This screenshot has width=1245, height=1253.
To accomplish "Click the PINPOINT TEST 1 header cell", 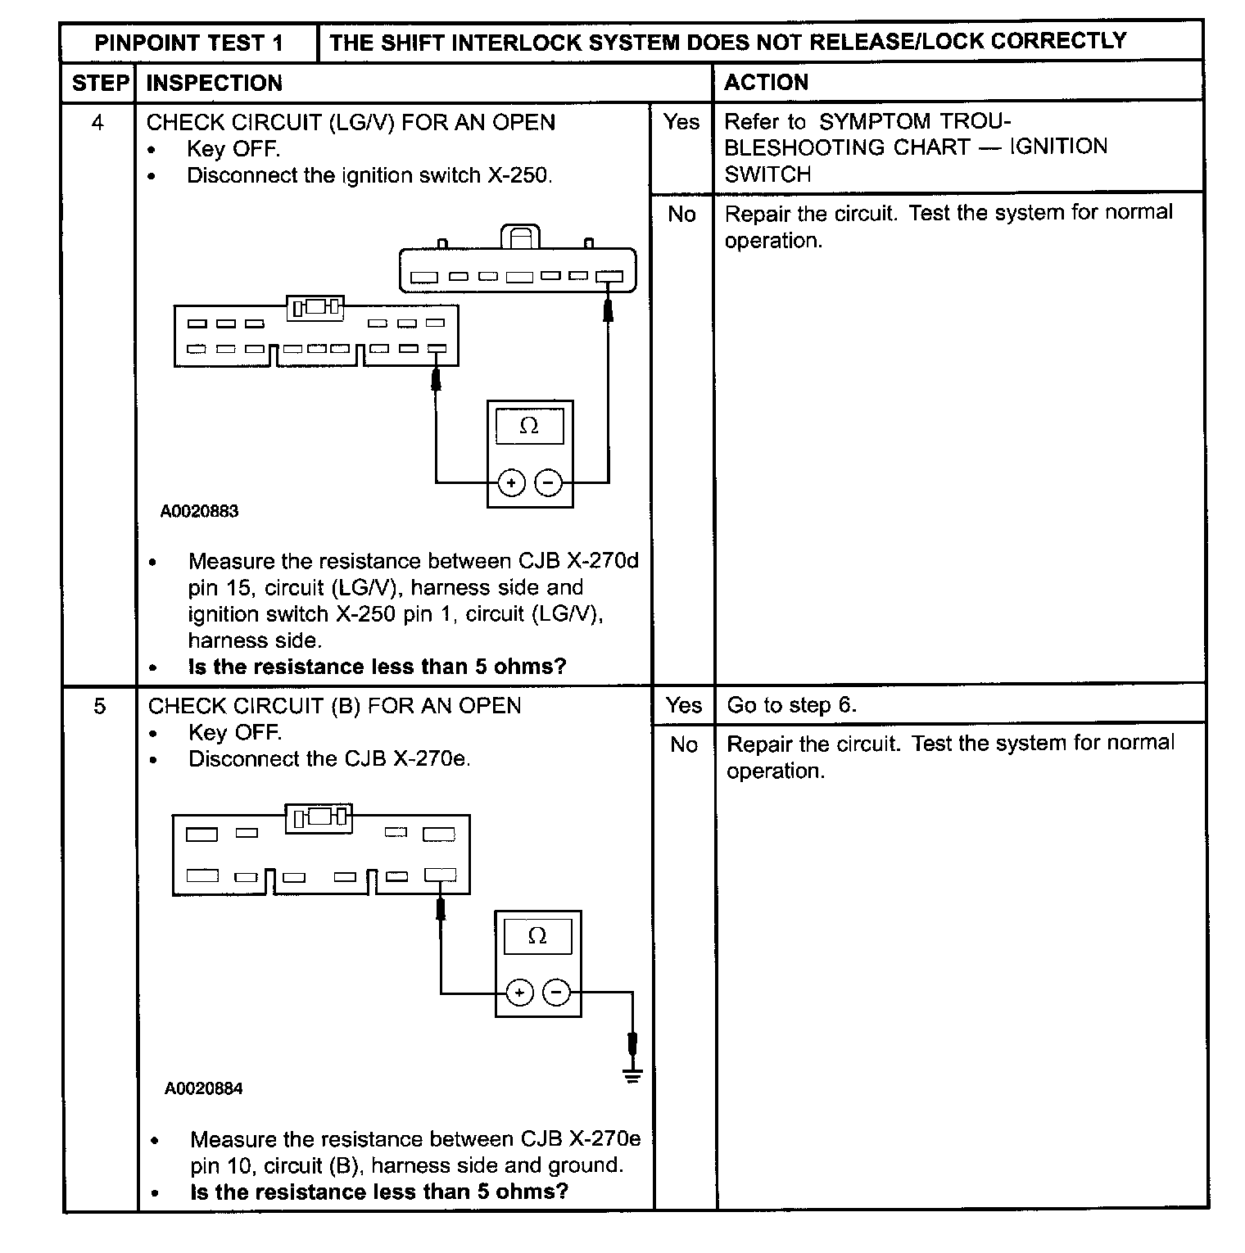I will pyautogui.click(x=188, y=43).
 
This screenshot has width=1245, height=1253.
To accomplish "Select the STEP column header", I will pyautogui.click(x=100, y=83).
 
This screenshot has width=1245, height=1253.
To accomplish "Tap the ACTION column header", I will pyautogui.click(x=766, y=82).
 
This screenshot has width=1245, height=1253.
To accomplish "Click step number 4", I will pyautogui.click(x=98, y=123).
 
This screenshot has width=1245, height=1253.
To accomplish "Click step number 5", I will pyautogui.click(x=99, y=706).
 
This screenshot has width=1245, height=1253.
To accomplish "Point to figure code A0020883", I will pyautogui.click(x=199, y=512).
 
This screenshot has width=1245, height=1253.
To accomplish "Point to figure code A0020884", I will pyautogui.click(x=203, y=1089).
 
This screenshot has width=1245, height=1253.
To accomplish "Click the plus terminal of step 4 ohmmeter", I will pyautogui.click(x=511, y=483).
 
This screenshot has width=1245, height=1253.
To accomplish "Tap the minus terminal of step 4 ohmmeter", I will pyautogui.click(x=548, y=483).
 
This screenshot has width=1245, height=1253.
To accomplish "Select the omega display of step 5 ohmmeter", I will pyautogui.click(x=537, y=936).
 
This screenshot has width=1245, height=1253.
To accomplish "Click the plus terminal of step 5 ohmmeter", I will pyautogui.click(x=519, y=993).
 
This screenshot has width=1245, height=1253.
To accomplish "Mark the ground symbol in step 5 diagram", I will pyautogui.click(x=632, y=1074).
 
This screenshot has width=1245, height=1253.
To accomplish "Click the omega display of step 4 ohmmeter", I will pyautogui.click(x=529, y=426).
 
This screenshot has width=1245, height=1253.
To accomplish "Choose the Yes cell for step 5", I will pyautogui.click(x=683, y=705).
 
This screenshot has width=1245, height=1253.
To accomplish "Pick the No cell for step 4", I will pyautogui.click(x=681, y=215).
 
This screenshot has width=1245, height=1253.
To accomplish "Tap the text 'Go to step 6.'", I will pyautogui.click(x=791, y=705).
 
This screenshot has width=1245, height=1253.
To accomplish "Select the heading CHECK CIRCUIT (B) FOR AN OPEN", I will pyautogui.click(x=334, y=706).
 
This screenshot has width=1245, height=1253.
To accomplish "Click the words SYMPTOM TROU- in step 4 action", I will pyautogui.click(x=915, y=122).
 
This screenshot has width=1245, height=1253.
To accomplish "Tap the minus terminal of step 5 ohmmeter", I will pyautogui.click(x=556, y=993).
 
